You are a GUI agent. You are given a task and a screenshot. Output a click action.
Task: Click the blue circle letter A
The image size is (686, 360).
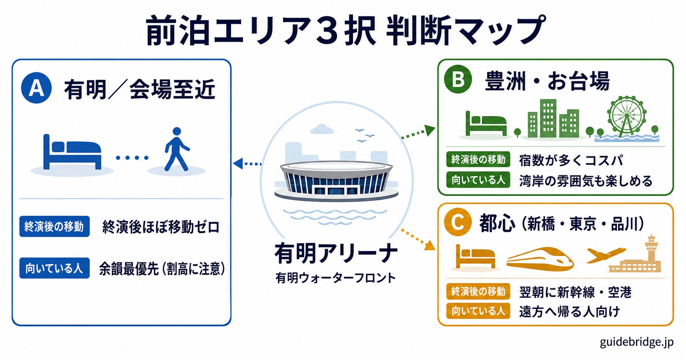36,88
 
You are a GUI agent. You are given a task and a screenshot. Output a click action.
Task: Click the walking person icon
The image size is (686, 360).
177,149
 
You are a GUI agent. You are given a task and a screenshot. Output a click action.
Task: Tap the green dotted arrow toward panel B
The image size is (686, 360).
418,132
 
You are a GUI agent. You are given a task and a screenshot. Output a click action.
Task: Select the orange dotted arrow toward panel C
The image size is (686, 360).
418,240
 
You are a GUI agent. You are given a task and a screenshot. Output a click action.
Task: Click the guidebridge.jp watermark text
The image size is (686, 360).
636,342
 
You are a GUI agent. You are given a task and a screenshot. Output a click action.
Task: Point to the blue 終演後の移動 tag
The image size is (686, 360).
54,226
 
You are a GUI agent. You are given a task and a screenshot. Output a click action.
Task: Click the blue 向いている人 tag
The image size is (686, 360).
54,268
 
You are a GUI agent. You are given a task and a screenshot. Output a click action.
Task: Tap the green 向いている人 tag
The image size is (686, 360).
478,180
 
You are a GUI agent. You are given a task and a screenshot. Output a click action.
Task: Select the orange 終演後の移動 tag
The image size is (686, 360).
478,291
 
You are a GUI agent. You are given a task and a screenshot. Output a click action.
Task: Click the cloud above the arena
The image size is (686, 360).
321,129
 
